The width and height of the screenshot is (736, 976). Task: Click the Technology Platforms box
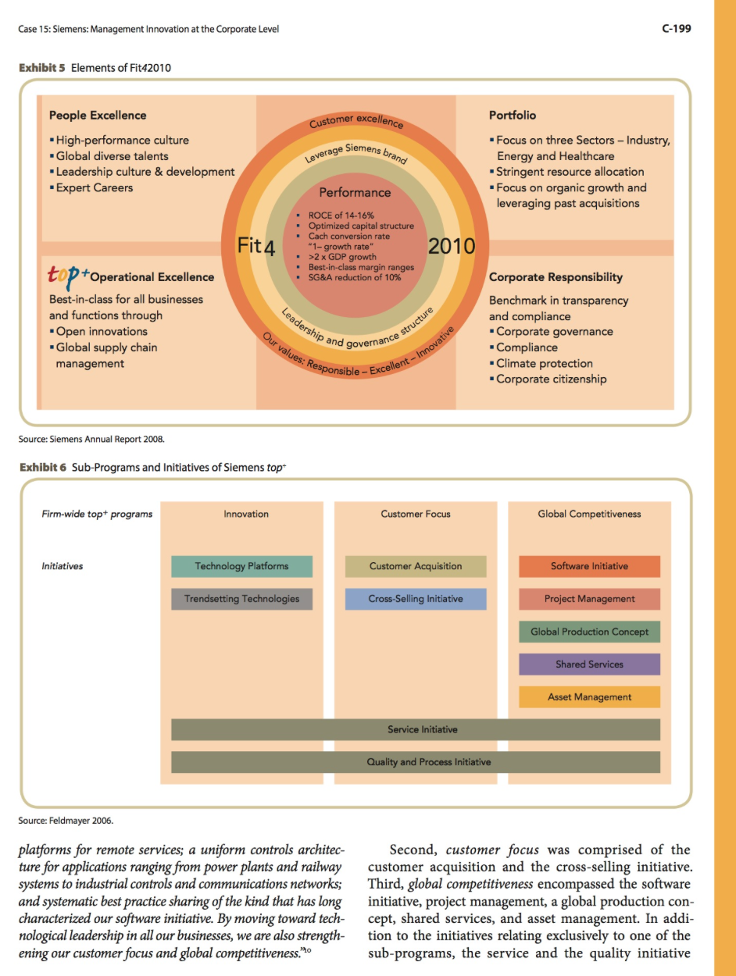[241, 566]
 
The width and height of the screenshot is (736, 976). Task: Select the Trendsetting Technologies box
[241, 599]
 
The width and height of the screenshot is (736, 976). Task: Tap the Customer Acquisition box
[416, 566]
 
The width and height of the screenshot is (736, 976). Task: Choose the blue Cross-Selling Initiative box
[416, 599]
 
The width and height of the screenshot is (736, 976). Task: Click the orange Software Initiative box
[589, 566]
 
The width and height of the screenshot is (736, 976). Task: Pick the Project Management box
[589, 599]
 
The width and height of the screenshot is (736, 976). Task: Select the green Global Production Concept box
[589, 632]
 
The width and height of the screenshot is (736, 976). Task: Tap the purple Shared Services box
[589, 664]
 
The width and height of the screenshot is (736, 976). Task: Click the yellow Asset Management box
[589, 696]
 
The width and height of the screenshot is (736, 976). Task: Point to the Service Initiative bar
[416, 729]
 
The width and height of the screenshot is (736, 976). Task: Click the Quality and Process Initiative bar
[416, 762]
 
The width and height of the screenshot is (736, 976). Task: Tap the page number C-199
[677, 28]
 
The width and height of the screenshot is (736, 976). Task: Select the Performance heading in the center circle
[355, 193]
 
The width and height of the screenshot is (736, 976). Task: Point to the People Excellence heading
[98, 115]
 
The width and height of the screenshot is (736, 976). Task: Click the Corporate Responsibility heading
[556, 277]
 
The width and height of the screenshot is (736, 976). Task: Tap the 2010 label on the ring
[452, 246]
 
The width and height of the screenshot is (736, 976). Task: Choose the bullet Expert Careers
[91, 187]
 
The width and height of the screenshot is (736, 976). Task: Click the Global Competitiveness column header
[589, 514]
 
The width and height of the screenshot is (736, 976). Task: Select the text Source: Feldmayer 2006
[66, 821]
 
